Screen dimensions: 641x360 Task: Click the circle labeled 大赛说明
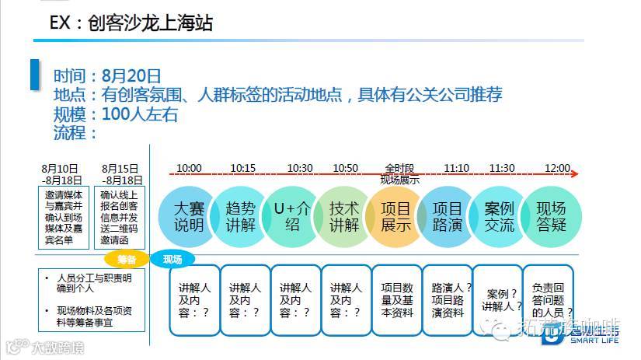[x=189, y=217]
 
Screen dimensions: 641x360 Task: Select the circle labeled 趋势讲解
[x=240, y=217]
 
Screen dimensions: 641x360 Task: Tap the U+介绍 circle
[x=291, y=217]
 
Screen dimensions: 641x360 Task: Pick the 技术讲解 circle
[x=344, y=217]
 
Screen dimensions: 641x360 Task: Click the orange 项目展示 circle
[x=395, y=217]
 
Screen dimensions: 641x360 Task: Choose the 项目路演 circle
[x=447, y=217]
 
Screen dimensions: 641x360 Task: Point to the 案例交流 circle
[x=499, y=217]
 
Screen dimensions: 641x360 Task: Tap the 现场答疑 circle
[x=551, y=217]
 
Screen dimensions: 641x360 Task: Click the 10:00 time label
[x=189, y=168]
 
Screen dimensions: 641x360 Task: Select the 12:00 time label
[x=557, y=168]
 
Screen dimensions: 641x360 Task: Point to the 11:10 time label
[x=456, y=168]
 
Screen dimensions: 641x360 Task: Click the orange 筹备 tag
[x=127, y=259]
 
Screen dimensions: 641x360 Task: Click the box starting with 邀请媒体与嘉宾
[x=67, y=215]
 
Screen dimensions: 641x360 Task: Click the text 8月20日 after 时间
[x=131, y=76]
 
